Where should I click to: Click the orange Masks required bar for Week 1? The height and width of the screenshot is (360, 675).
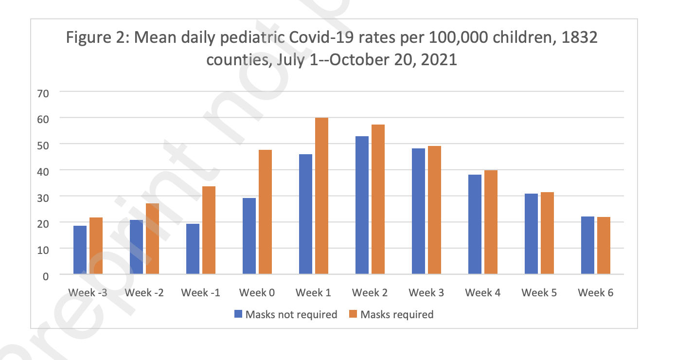321,196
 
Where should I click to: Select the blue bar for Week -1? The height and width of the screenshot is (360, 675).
193,249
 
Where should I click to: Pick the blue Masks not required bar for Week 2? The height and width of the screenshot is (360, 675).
362,205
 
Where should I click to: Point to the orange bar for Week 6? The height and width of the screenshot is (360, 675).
604,245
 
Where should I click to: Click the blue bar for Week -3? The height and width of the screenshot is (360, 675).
80,250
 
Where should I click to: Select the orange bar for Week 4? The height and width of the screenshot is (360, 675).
491,222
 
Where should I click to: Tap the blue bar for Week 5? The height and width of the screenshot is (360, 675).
531,234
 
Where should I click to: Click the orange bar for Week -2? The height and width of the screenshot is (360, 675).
152,238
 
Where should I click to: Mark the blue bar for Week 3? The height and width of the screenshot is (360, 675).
418,211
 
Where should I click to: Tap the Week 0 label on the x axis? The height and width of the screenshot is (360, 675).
257,293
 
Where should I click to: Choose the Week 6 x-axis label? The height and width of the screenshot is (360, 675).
595,293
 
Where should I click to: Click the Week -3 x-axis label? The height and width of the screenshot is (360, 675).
88,293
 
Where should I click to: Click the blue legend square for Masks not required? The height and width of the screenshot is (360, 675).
238,314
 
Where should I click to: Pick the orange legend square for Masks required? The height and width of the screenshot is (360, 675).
354,314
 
